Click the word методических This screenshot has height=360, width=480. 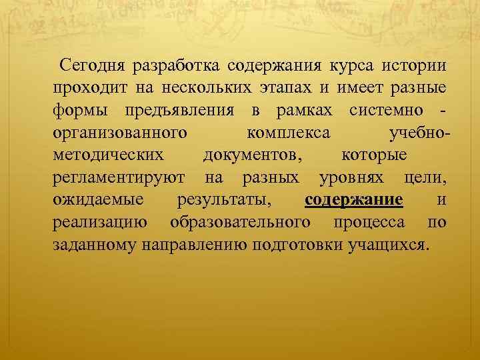click(x=108, y=155)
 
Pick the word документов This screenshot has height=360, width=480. click(x=250, y=155)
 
